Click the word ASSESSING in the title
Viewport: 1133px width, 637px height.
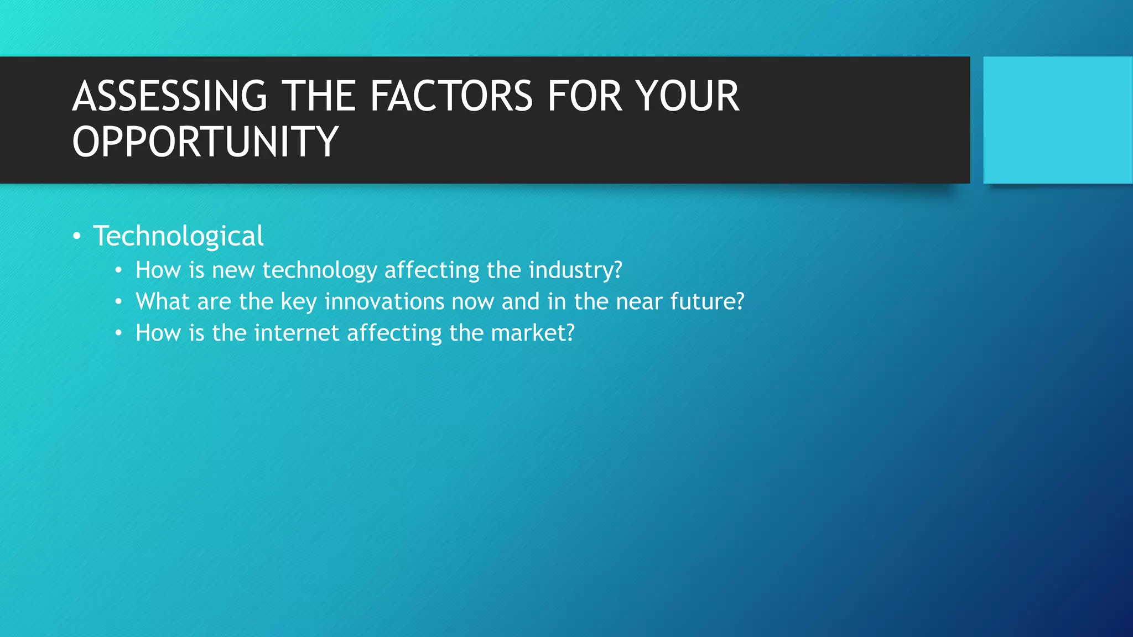(170, 97)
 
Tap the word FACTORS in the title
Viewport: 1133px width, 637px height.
(451, 97)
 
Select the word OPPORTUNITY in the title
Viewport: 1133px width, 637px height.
(205, 142)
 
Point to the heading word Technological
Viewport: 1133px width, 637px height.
(178, 236)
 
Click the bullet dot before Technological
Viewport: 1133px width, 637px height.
(77, 237)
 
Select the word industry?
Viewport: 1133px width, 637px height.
(575, 270)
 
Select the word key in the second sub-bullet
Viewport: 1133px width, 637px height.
(299, 302)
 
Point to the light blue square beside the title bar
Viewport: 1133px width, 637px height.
(1058, 120)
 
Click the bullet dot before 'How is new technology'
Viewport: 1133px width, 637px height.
(118, 271)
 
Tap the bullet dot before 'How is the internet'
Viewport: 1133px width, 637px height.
(118, 334)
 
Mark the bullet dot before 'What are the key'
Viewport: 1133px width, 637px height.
(118, 302)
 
